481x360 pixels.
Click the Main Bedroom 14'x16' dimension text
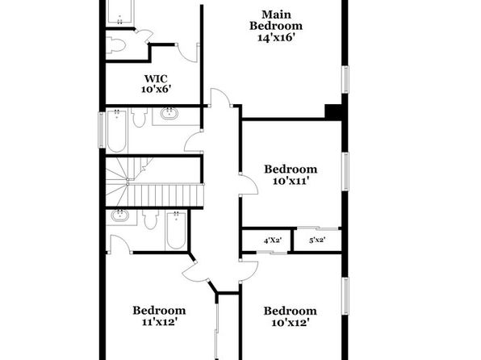coord(276,37)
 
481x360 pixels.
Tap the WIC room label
coord(156,78)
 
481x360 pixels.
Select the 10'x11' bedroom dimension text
coord(291,181)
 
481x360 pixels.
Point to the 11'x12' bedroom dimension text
coord(159,322)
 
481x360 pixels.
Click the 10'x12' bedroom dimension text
coord(291,322)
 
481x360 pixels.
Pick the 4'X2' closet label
coord(273,241)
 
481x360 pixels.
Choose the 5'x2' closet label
coord(317,240)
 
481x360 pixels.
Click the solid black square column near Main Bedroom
coord(333,112)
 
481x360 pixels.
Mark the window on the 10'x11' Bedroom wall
coord(345,171)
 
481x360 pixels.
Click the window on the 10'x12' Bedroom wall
coord(345,296)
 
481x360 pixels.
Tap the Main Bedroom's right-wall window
coord(345,79)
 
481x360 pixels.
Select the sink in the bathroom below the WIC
coord(169,113)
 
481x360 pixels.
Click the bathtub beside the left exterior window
coord(116,131)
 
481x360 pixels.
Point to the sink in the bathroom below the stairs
coord(120,216)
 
